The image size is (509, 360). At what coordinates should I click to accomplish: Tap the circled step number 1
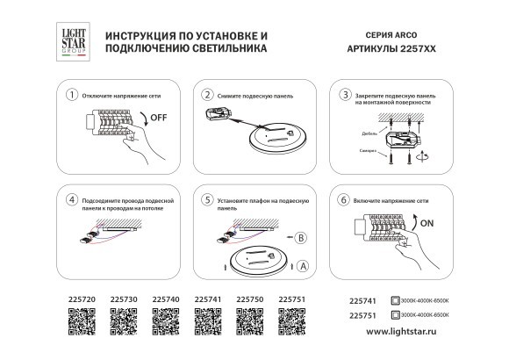click(73, 94)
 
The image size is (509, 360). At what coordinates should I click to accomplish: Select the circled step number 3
click(346, 94)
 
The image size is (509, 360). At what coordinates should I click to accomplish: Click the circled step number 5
click(207, 200)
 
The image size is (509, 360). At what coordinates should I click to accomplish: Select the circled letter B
click(300, 237)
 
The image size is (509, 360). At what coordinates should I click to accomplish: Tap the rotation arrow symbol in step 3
click(425, 153)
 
